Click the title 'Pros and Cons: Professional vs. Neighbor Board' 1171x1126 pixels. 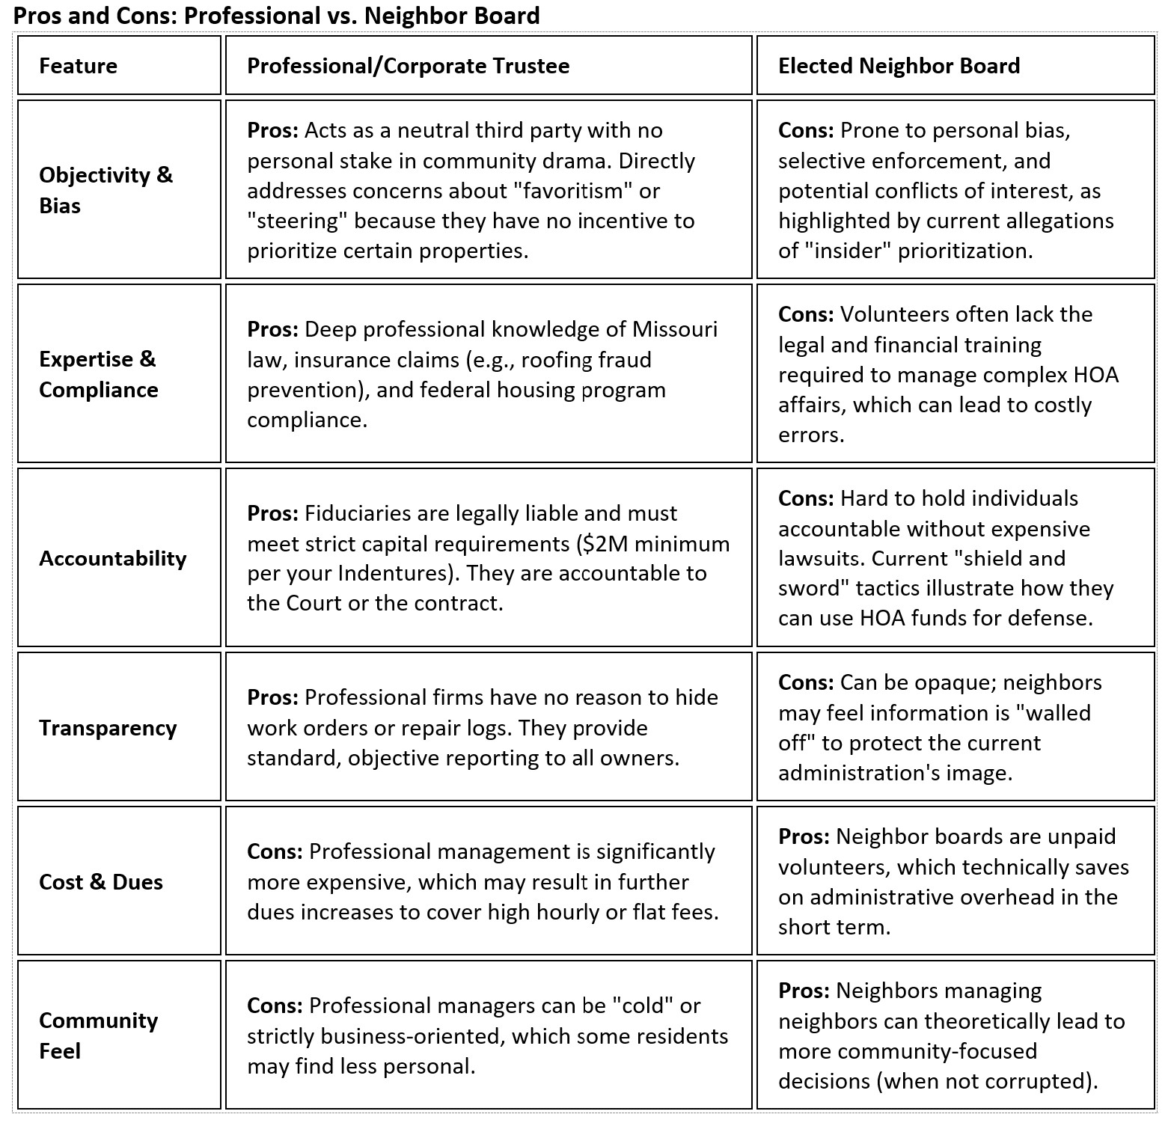click(x=277, y=15)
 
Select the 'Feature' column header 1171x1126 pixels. click(x=78, y=66)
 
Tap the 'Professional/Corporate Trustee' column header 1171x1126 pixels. click(x=408, y=66)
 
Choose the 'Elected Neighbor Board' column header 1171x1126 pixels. click(x=899, y=66)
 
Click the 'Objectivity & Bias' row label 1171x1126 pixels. click(x=106, y=190)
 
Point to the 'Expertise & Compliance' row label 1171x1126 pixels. click(x=98, y=374)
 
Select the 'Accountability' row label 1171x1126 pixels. click(x=112, y=558)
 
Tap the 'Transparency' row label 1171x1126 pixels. click(x=108, y=728)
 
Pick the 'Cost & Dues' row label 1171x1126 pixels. click(x=100, y=882)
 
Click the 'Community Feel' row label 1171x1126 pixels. click(x=98, y=1035)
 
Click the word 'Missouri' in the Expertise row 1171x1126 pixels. click(x=674, y=329)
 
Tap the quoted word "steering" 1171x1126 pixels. click(x=297, y=221)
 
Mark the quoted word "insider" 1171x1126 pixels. click(x=849, y=251)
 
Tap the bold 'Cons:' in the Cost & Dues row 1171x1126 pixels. click(x=275, y=851)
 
